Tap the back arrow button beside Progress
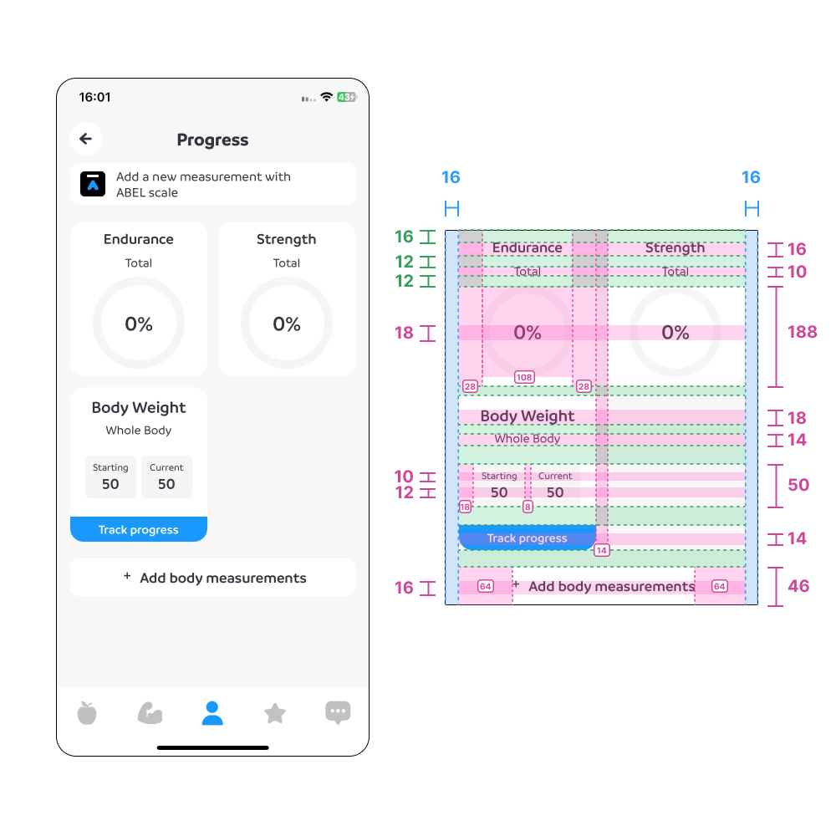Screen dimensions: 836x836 (x=86, y=139)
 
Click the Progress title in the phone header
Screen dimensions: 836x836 (x=212, y=140)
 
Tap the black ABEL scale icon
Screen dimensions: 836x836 (x=93, y=184)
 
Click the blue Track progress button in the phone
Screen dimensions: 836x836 (x=139, y=529)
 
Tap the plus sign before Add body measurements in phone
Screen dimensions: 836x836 (x=127, y=576)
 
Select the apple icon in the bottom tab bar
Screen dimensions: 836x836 (x=87, y=713)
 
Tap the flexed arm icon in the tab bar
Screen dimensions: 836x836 (x=150, y=713)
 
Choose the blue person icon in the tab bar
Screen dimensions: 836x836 (x=212, y=713)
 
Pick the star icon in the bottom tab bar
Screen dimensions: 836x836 (x=275, y=713)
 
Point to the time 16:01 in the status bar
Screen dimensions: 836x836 (x=95, y=97)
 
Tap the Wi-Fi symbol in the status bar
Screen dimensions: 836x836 (x=326, y=96)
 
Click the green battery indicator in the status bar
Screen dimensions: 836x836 (x=347, y=97)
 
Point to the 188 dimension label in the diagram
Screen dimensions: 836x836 (x=803, y=332)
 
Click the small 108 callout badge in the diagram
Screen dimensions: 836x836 (x=524, y=378)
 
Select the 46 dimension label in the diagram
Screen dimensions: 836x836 (x=798, y=586)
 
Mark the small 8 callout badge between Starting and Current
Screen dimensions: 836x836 (x=528, y=507)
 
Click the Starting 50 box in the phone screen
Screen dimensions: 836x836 (x=110, y=477)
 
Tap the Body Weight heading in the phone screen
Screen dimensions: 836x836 (x=139, y=408)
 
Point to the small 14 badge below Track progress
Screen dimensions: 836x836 (x=601, y=550)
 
